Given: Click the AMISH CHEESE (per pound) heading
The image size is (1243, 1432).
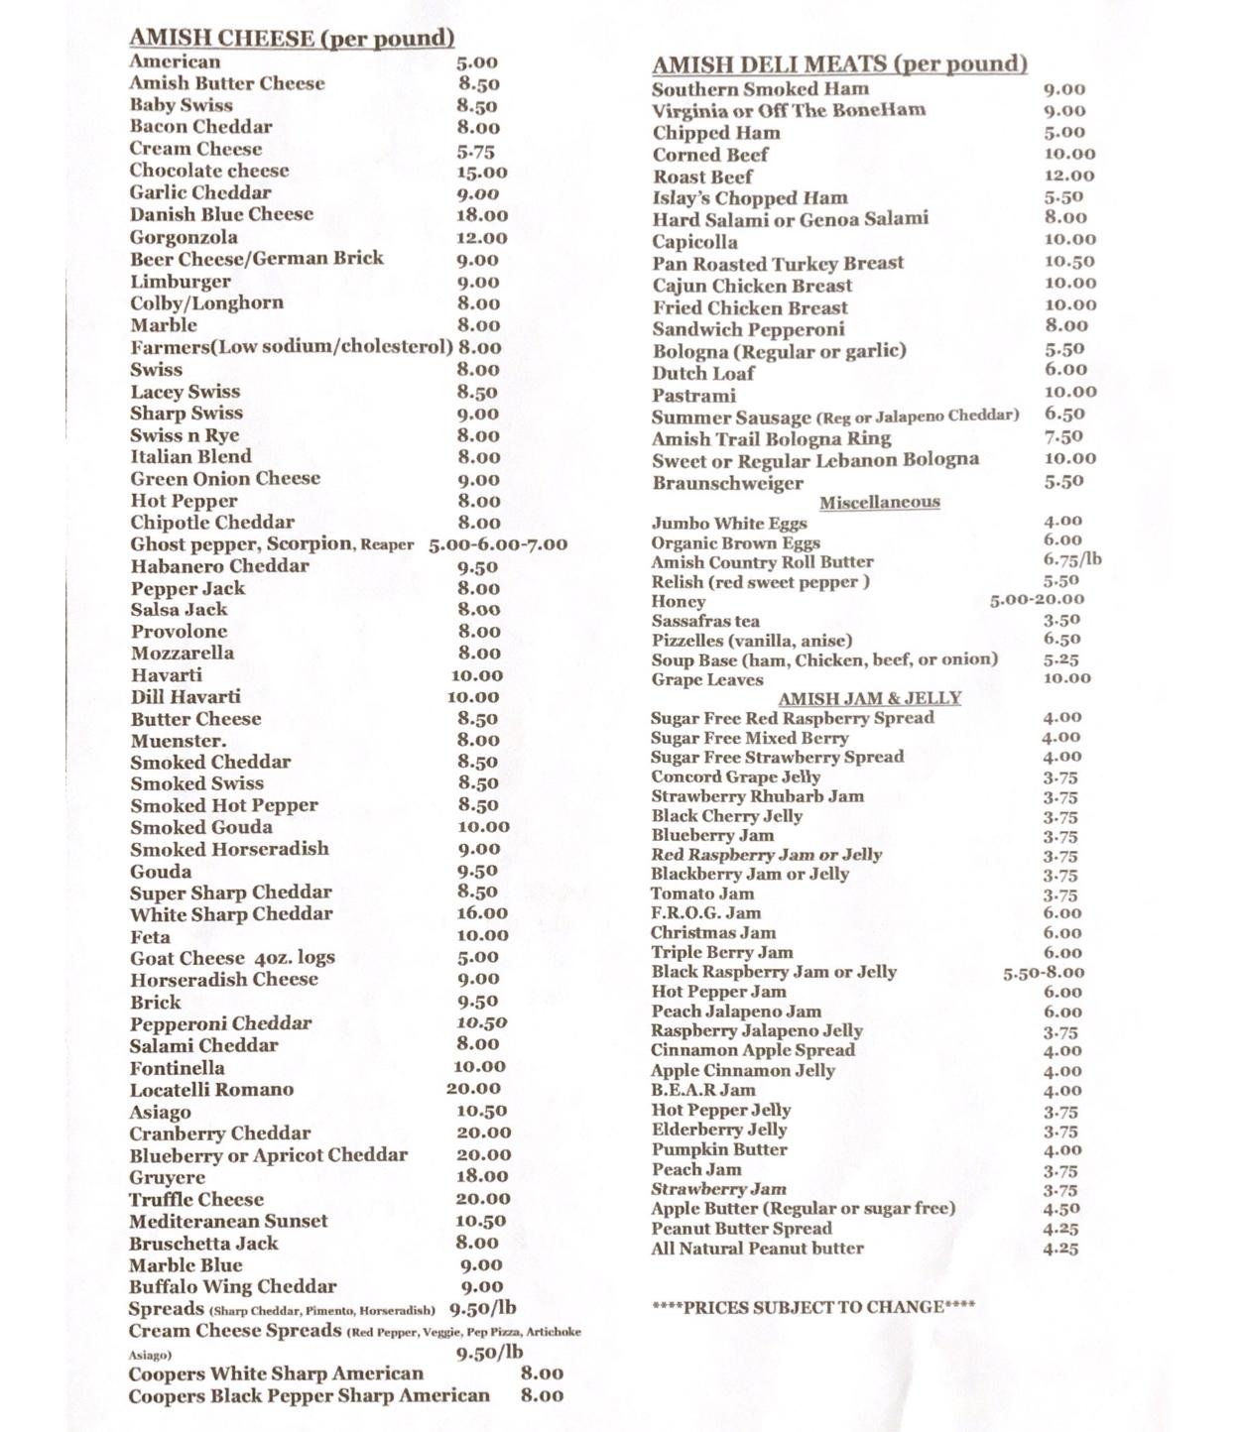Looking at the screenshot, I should point(292,38).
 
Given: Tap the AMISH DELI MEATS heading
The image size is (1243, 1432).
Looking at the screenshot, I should point(839,64).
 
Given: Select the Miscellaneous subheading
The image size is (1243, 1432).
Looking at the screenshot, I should point(879,502).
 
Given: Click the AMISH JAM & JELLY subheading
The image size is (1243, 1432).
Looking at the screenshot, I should point(869,698).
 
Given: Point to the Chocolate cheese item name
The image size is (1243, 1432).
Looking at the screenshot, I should point(209,171).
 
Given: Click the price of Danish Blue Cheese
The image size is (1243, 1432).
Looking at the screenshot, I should point(482,215).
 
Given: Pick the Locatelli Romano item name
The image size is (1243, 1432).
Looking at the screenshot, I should point(211,1090).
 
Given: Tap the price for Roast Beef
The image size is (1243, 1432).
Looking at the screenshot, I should point(1069,176).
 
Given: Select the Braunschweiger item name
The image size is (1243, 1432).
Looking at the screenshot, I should point(727,484).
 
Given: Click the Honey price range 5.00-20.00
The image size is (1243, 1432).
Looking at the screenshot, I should point(1037,600).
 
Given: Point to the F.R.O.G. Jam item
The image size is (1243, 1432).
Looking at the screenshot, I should point(705,913).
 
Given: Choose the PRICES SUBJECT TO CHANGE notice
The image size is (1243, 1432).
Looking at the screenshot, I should point(813,1307).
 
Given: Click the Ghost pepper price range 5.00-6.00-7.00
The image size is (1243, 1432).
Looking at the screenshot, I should point(498,544).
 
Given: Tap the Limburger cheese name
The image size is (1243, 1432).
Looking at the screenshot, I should point(181,282).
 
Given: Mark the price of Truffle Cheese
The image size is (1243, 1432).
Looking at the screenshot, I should point(483,1199).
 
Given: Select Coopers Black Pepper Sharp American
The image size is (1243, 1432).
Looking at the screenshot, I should point(309,1396).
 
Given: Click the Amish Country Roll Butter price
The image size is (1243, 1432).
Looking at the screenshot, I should point(1071,560).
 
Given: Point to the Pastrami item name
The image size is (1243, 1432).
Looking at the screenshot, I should point(693,396).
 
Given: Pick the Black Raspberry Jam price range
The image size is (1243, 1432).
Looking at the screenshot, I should point(1044,973).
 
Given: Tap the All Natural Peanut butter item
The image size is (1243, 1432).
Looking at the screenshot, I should point(757,1249).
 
